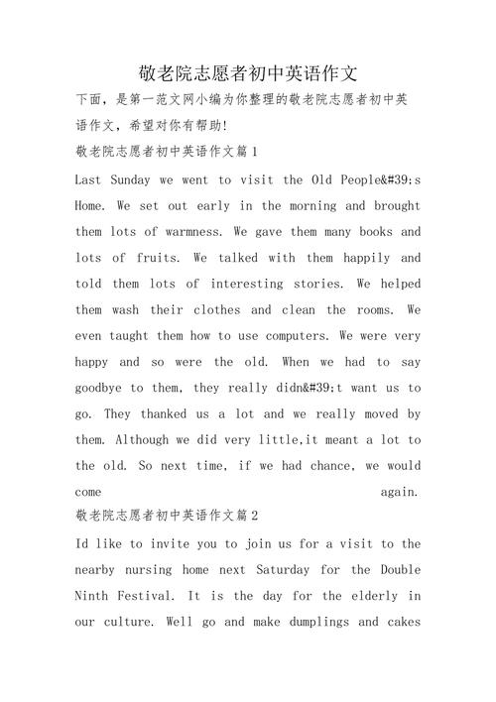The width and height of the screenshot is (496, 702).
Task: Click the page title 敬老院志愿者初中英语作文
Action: (248, 72)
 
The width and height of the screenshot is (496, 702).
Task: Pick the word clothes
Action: (209, 309)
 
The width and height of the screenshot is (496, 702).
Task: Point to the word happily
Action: (362, 258)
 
